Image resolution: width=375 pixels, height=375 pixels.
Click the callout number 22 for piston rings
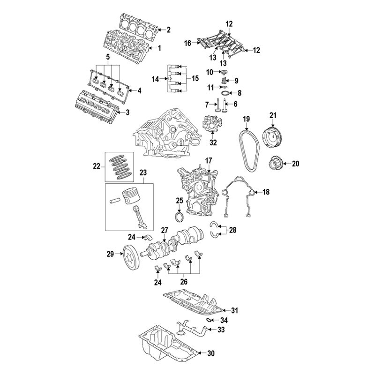click(97, 165)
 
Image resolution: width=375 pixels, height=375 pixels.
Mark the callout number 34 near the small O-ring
click(224, 320)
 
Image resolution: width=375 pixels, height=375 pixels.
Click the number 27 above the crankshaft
click(164, 230)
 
